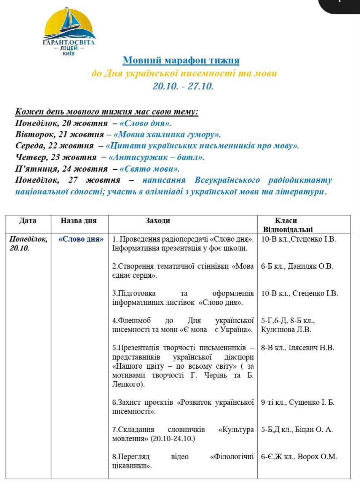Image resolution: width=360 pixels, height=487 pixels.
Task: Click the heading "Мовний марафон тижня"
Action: pyautogui.click(x=181, y=60)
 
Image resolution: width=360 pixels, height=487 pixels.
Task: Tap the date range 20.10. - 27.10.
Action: pyautogui.click(x=183, y=86)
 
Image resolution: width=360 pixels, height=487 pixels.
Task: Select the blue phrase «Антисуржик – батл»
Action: pyautogui.click(x=156, y=157)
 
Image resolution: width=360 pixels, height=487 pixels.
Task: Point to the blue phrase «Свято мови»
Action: pyautogui.click(x=150, y=168)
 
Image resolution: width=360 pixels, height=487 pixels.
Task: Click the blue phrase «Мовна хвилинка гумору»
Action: pyautogui.click(x=167, y=134)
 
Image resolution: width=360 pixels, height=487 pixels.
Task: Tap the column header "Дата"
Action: pyautogui.click(x=28, y=221)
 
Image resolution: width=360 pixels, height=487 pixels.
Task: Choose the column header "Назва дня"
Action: pyautogui.click(x=79, y=221)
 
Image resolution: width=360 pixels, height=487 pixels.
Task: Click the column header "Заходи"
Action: pyautogui.click(x=158, y=221)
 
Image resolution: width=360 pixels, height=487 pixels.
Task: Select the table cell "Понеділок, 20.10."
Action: pyautogui.click(x=28, y=243)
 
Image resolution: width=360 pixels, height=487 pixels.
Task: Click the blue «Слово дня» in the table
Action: pyautogui.click(x=81, y=240)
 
